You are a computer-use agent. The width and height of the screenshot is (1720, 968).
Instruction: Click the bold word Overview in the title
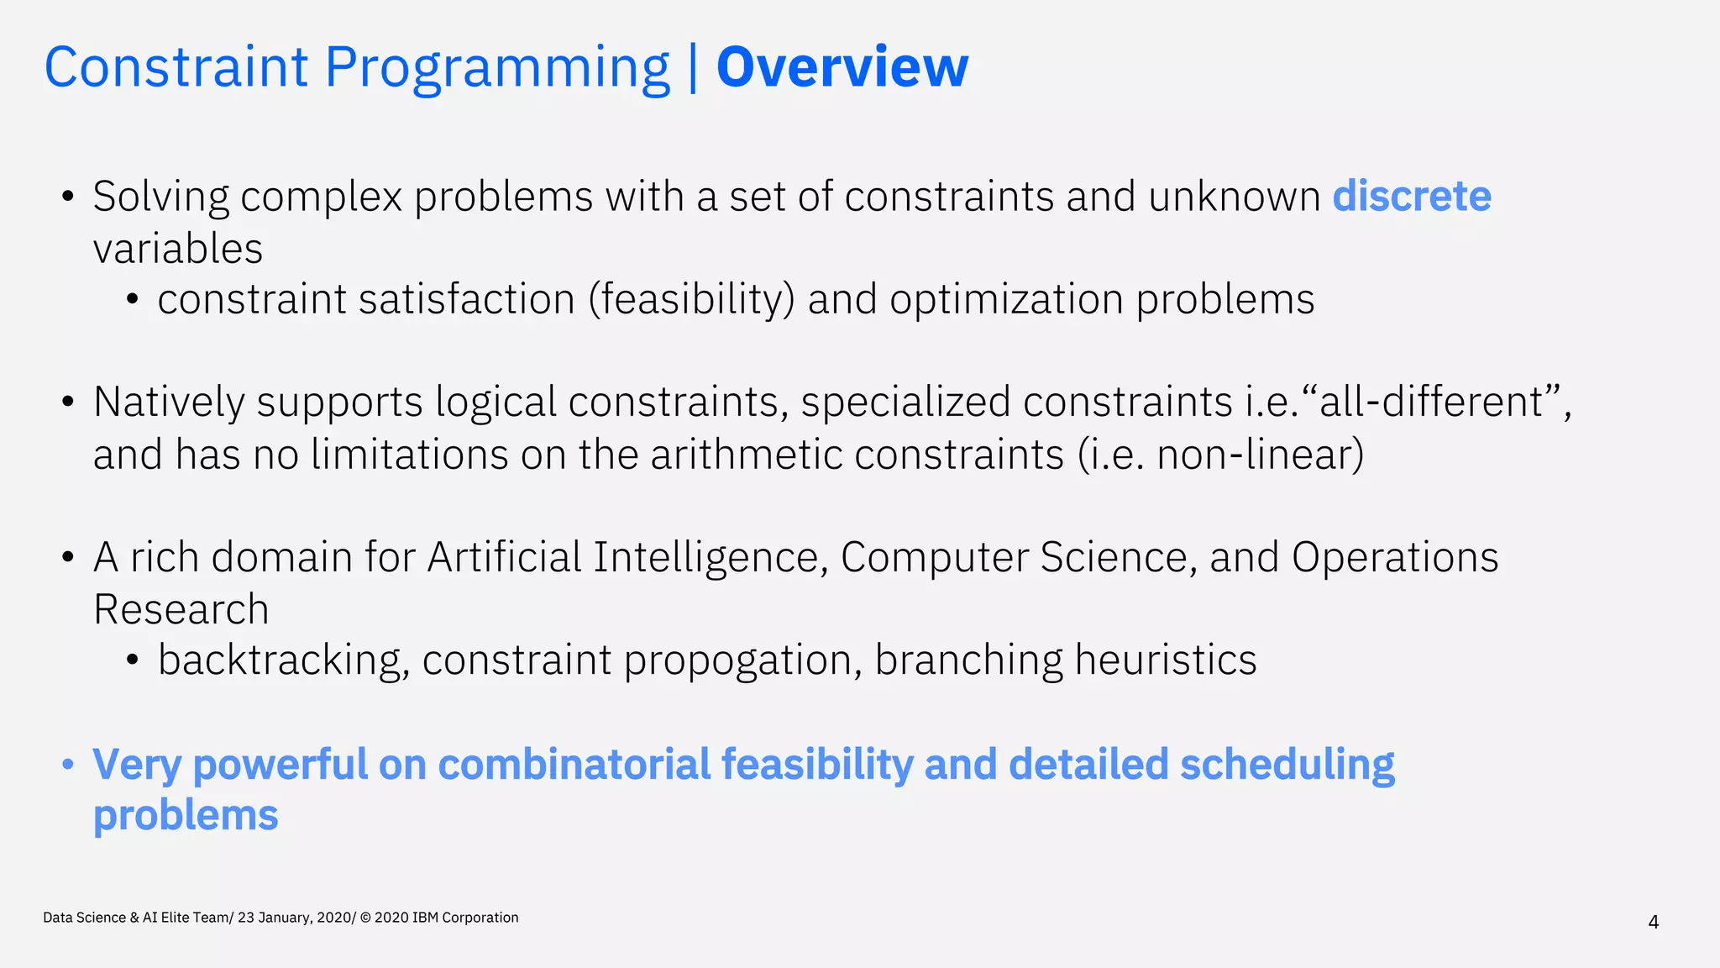(x=842, y=67)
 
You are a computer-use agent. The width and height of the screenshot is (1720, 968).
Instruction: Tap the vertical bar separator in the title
(x=693, y=67)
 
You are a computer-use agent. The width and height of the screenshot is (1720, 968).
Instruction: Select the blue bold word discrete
(x=1412, y=196)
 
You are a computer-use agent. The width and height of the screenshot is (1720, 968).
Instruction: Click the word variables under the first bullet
(x=178, y=249)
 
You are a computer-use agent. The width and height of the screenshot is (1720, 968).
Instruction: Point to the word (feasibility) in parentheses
(x=691, y=300)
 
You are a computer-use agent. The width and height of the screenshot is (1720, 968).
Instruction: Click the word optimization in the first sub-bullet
(x=1006, y=300)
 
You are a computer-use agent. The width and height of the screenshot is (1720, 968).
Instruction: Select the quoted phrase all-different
(x=1431, y=402)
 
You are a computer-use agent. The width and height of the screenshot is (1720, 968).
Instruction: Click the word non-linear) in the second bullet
(x=1260, y=455)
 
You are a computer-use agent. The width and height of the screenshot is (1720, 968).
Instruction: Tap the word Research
(x=181, y=609)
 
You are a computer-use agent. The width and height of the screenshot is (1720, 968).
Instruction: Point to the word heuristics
(x=1165, y=660)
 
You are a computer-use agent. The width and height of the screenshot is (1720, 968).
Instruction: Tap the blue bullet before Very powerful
(x=68, y=765)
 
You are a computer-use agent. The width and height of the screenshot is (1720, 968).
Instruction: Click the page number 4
(x=1653, y=923)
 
